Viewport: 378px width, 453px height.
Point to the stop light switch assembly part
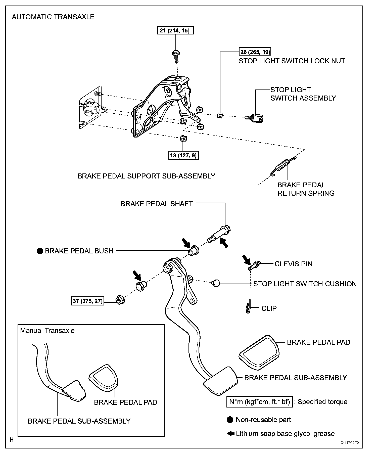254,117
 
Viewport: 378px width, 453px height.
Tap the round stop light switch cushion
216,283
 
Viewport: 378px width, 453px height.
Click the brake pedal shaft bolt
219,234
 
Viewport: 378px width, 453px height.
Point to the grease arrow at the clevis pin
247,260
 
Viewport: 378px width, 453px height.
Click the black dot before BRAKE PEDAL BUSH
40,251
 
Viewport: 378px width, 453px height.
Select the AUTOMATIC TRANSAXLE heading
53,17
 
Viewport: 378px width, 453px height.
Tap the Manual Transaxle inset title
47,330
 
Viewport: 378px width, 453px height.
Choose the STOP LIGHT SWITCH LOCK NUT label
292,61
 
